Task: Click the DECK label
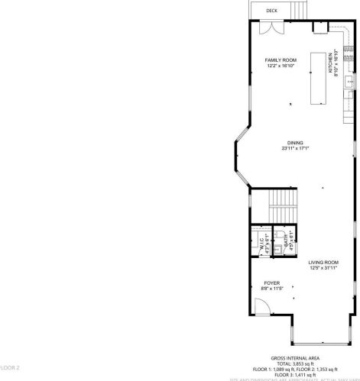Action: pyautogui.click(x=271, y=11)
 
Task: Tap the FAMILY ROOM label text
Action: pyautogui.click(x=281, y=60)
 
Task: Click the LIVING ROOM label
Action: pyautogui.click(x=323, y=262)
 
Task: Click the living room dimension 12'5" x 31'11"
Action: pyautogui.click(x=323, y=268)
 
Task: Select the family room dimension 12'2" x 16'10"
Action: pyautogui.click(x=281, y=66)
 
